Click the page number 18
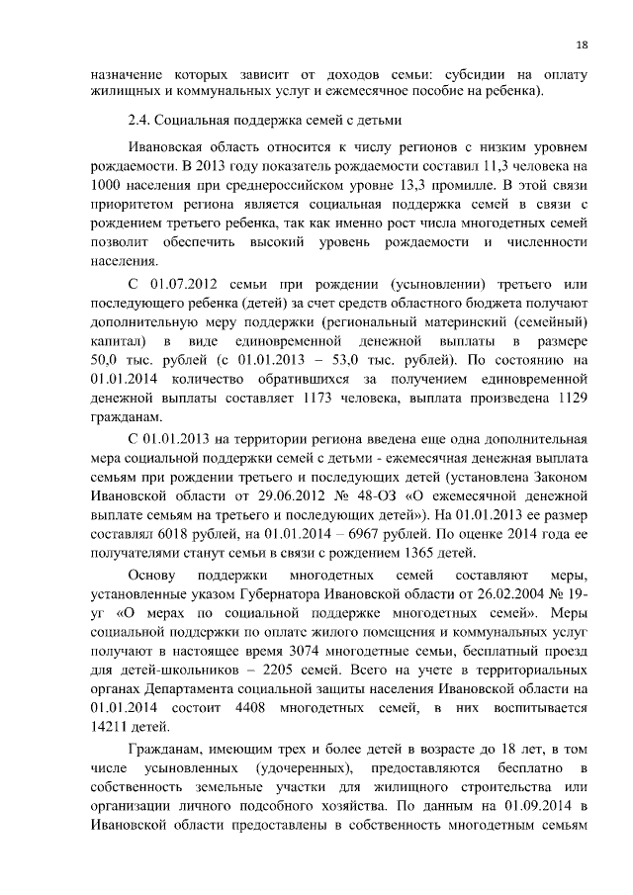click(x=583, y=45)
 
